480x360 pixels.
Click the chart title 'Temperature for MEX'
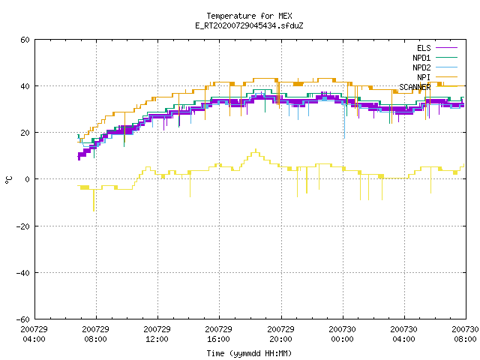pyautogui.click(x=249, y=16)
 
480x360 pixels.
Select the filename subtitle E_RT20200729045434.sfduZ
pyautogui.click(x=249, y=25)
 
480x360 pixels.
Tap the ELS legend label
pyautogui.click(x=424, y=48)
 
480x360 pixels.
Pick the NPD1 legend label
pyautogui.click(x=421, y=58)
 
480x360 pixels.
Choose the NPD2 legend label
pyautogui.click(x=421, y=67)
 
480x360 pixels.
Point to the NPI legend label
pyautogui.click(x=424, y=77)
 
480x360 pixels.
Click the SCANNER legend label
pyautogui.click(x=415, y=87)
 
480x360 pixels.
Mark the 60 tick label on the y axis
pyautogui.click(x=25, y=40)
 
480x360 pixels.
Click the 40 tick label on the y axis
pyautogui.click(x=25, y=86)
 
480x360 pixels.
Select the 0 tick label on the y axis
pyautogui.click(x=28, y=179)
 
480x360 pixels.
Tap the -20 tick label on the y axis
pyautogui.click(x=23, y=226)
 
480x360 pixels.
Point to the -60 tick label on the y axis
pyautogui.click(x=23, y=319)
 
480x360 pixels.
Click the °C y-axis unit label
pyautogui.click(x=8, y=180)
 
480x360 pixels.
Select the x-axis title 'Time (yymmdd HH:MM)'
pyautogui.click(x=249, y=353)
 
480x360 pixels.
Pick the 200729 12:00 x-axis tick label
pyautogui.click(x=157, y=334)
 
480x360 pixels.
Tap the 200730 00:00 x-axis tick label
pyautogui.click(x=342, y=334)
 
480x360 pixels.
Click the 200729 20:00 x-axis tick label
pyautogui.click(x=280, y=334)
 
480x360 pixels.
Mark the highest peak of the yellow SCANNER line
pyautogui.click(x=256, y=149)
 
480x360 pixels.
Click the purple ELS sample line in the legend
pyautogui.click(x=446, y=48)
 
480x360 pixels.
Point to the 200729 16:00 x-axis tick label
pyautogui.click(x=218, y=334)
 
